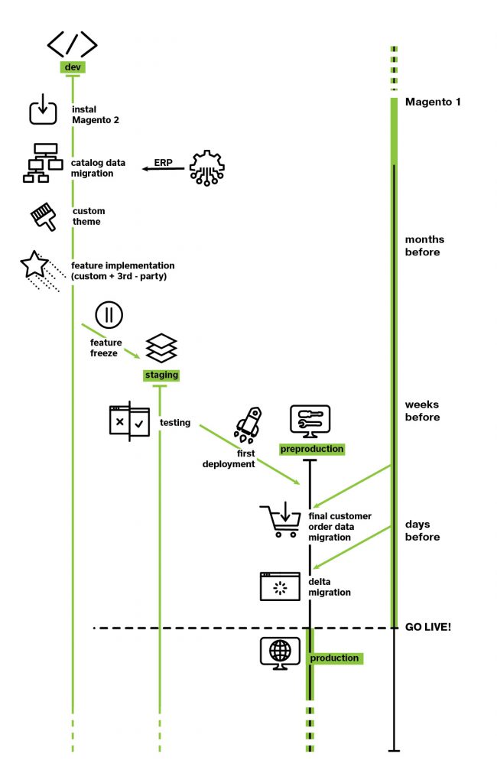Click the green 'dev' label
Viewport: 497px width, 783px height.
73,67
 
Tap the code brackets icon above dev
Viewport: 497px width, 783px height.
73,44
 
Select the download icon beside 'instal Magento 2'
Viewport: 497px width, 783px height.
43,109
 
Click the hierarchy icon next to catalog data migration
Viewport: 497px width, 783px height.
43,163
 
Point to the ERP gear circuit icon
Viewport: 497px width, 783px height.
206,167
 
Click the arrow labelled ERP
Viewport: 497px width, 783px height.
164,169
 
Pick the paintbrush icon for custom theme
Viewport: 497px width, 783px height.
44,216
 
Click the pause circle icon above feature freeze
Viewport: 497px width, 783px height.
109,314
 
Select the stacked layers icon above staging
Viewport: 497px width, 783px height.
161,348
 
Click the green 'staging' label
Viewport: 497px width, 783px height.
161,375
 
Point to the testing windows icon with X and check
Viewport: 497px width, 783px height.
129,421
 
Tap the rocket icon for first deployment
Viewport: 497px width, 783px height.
248,425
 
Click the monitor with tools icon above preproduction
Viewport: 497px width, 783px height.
310,421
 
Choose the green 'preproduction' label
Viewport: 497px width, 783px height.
312,449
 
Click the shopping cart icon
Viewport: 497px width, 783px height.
280,519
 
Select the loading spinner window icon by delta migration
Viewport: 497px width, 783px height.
280,586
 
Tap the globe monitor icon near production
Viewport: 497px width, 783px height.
280,653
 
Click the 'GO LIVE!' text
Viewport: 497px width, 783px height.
428,627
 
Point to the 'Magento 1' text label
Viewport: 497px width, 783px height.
433,102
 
